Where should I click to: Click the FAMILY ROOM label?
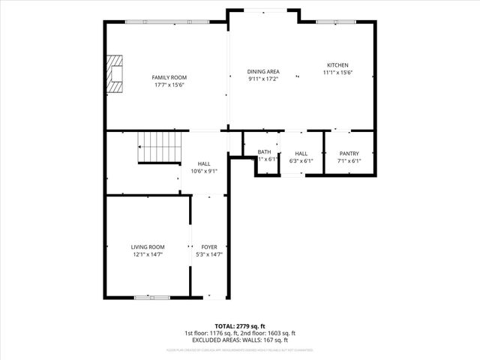click(x=169, y=77)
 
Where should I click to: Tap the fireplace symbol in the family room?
click(x=115, y=73)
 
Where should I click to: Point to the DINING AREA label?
click(x=263, y=71)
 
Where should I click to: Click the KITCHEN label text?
click(x=337, y=65)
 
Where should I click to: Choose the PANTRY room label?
click(x=349, y=153)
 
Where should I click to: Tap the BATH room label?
click(x=264, y=152)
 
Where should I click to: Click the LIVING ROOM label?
click(x=148, y=247)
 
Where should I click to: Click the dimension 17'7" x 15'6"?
click(x=169, y=85)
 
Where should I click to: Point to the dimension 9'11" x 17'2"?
click(x=263, y=79)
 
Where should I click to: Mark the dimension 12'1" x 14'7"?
click(x=148, y=254)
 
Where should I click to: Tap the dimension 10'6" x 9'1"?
click(x=204, y=171)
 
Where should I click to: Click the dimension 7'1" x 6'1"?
click(x=349, y=160)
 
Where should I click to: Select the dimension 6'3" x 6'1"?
click(x=301, y=160)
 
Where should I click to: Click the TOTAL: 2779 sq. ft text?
click(x=240, y=326)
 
